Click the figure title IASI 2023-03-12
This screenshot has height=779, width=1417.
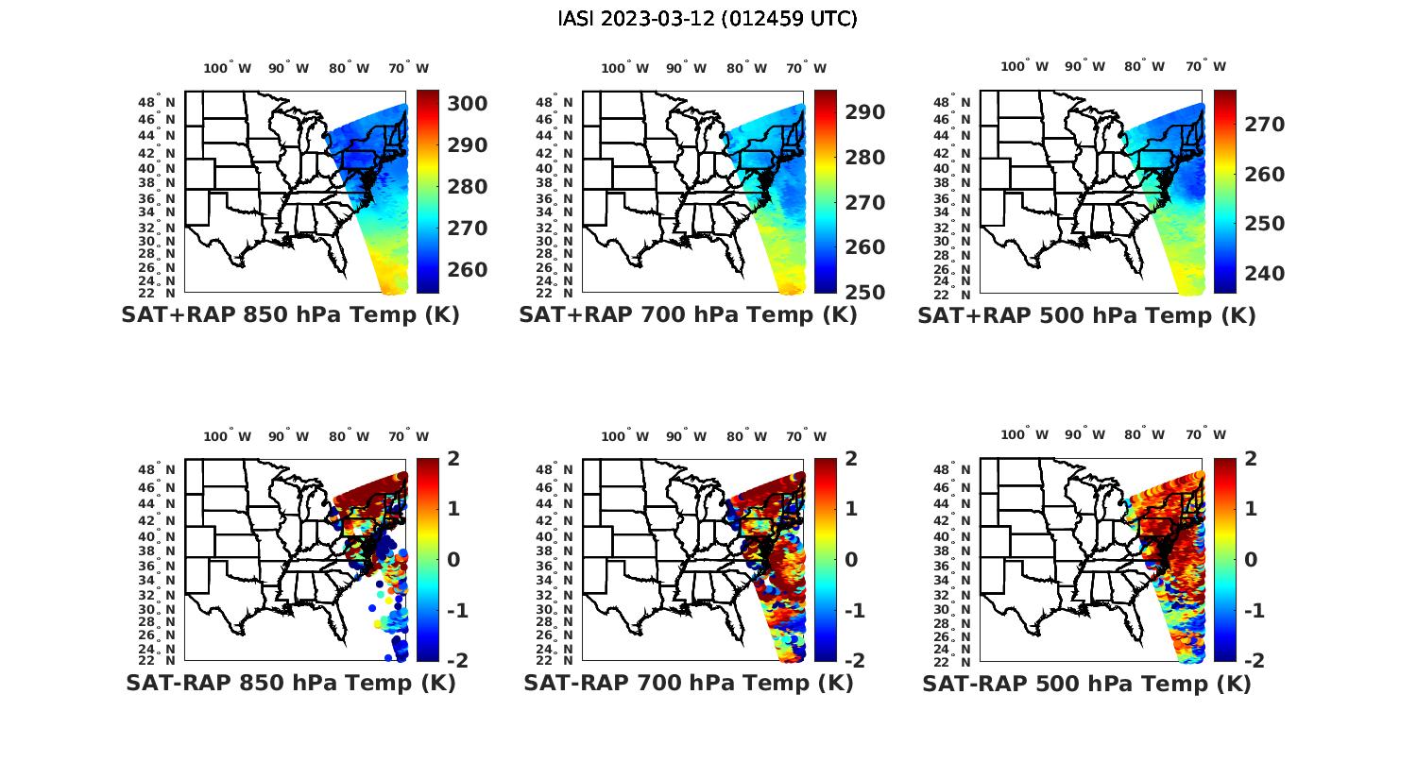point(708,19)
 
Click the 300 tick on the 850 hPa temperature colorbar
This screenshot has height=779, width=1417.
point(467,103)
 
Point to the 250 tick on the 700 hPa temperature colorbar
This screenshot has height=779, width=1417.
point(864,292)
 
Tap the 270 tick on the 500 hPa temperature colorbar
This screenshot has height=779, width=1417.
point(1264,125)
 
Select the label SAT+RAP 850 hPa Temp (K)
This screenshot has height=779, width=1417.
point(290,314)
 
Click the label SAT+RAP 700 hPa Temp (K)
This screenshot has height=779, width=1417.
point(688,314)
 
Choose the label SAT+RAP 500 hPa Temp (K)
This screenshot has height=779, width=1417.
point(1086,315)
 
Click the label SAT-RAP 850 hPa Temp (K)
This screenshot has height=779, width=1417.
point(290,683)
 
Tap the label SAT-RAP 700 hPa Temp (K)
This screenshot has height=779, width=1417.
point(688,683)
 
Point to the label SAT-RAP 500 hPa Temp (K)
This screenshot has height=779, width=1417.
point(1086,684)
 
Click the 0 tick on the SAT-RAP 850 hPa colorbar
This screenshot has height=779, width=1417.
point(453,559)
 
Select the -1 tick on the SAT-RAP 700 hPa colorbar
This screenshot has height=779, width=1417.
point(848,610)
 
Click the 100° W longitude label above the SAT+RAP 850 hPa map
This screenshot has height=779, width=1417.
point(228,68)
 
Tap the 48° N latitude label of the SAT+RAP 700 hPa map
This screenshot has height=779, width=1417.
point(554,103)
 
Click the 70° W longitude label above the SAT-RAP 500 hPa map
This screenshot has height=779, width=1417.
point(1206,435)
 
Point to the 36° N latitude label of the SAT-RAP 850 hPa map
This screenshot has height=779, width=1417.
point(157,565)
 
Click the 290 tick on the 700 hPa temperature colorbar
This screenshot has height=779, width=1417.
point(864,112)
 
